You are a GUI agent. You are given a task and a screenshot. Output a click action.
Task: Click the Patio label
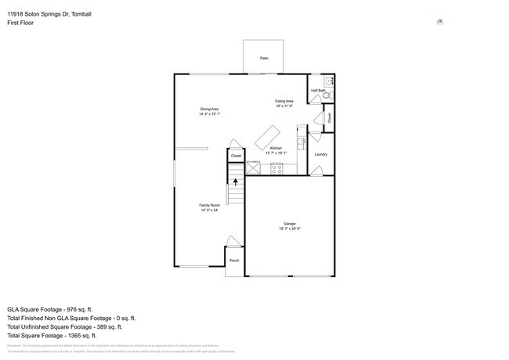tap(264, 58)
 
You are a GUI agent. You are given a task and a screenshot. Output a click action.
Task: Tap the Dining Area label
tap(209, 109)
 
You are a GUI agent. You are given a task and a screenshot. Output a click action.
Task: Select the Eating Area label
tap(283, 101)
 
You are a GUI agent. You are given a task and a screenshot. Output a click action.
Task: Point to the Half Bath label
tap(318, 90)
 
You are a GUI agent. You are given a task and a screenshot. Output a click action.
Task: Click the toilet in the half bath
tap(329, 95)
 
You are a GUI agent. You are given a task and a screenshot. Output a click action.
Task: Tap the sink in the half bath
tap(330, 80)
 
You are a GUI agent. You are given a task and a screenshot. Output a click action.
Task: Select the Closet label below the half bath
tap(330, 118)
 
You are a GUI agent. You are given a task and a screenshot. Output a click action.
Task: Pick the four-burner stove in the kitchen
tap(276, 167)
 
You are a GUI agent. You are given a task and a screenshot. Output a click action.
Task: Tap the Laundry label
tap(320, 154)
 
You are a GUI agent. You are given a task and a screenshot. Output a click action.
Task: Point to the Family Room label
tap(209, 205)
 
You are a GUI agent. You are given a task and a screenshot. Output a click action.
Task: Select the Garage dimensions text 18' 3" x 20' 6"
tap(290, 229)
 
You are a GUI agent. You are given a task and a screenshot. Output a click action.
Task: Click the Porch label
tap(234, 260)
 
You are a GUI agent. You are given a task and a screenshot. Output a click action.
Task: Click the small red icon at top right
tap(440, 22)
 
